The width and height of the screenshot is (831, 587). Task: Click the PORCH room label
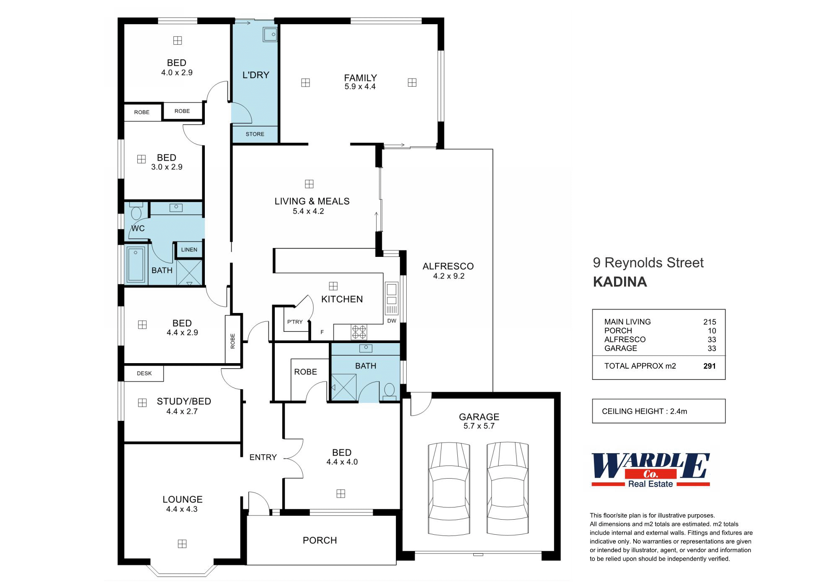tap(320, 540)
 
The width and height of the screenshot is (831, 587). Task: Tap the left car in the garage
tap(449, 489)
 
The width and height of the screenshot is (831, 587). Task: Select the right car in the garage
tap(507, 489)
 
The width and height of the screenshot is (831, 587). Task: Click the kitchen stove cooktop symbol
tap(359, 332)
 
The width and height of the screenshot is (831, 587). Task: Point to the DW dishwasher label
tap(392, 321)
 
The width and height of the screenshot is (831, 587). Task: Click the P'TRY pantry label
tap(295, 322)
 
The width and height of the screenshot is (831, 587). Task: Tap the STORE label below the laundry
tap(255, 134)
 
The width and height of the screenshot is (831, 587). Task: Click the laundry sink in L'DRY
tap(270, 35)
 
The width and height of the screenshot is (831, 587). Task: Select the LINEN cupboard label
tap(189, 250)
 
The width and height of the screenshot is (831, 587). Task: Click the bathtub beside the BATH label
tap(136, 265)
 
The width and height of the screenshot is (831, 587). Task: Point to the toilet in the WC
tap(136, 212)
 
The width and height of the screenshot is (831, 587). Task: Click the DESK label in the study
tap(144, 373)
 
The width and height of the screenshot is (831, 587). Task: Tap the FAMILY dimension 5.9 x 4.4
tap(360, 87)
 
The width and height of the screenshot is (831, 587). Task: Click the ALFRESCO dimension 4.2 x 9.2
tap(449, 276)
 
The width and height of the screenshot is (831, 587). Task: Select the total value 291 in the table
tap(709, 366)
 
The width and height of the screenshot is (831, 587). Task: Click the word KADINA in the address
tap(620, 282)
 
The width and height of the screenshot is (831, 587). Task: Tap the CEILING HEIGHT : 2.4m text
tap(644, 411)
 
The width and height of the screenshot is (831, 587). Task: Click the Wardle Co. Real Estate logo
tap(650, 470)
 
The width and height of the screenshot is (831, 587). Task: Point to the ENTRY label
tap(263, 457)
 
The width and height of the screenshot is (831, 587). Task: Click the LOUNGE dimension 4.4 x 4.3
tap(181, 509)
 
